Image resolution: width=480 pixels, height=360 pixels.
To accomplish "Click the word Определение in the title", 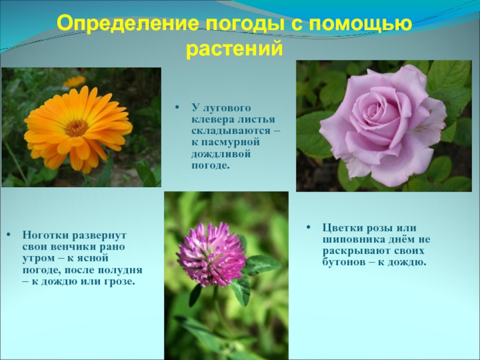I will pos(128,25).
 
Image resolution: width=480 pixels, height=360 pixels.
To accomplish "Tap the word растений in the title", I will pos(235,47).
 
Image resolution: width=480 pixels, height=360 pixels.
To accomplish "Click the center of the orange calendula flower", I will pos(76,127).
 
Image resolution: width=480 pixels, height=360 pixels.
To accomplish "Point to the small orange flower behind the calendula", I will pos(74,81).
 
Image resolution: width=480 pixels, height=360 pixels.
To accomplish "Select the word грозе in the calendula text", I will pos(119,281).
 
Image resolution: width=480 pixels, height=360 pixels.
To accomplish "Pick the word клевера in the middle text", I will pos(211,120).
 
